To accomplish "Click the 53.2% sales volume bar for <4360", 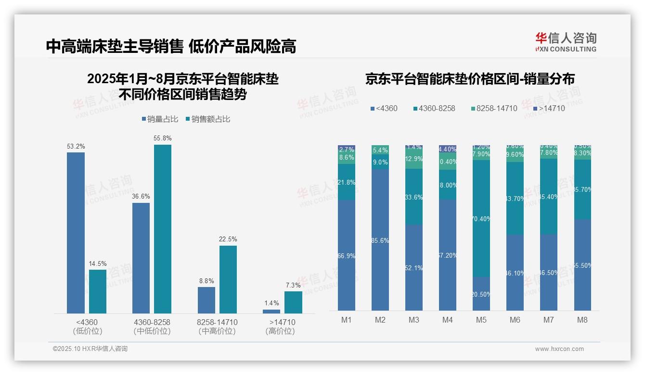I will point(76,233).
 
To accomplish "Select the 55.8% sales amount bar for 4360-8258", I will point(163,229).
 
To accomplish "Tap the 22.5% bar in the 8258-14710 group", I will point(228,279).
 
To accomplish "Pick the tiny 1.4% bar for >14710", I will point(271,312).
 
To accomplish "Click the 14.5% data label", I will point(98,263).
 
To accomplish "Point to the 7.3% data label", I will point(293,285).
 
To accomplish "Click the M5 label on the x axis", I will point(481,320).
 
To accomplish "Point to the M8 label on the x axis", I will point(582,320).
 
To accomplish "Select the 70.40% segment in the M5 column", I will point(481,218).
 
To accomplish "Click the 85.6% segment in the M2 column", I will point(380,239).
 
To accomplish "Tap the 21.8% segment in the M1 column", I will point(347,182).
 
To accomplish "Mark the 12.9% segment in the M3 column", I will point(414,159).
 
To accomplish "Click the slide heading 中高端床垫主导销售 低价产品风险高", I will point(171,46).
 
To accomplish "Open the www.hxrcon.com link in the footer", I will point(559,349).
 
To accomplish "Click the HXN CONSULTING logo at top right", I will point(566,42).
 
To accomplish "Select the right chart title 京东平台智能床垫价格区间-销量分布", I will point(470,79).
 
